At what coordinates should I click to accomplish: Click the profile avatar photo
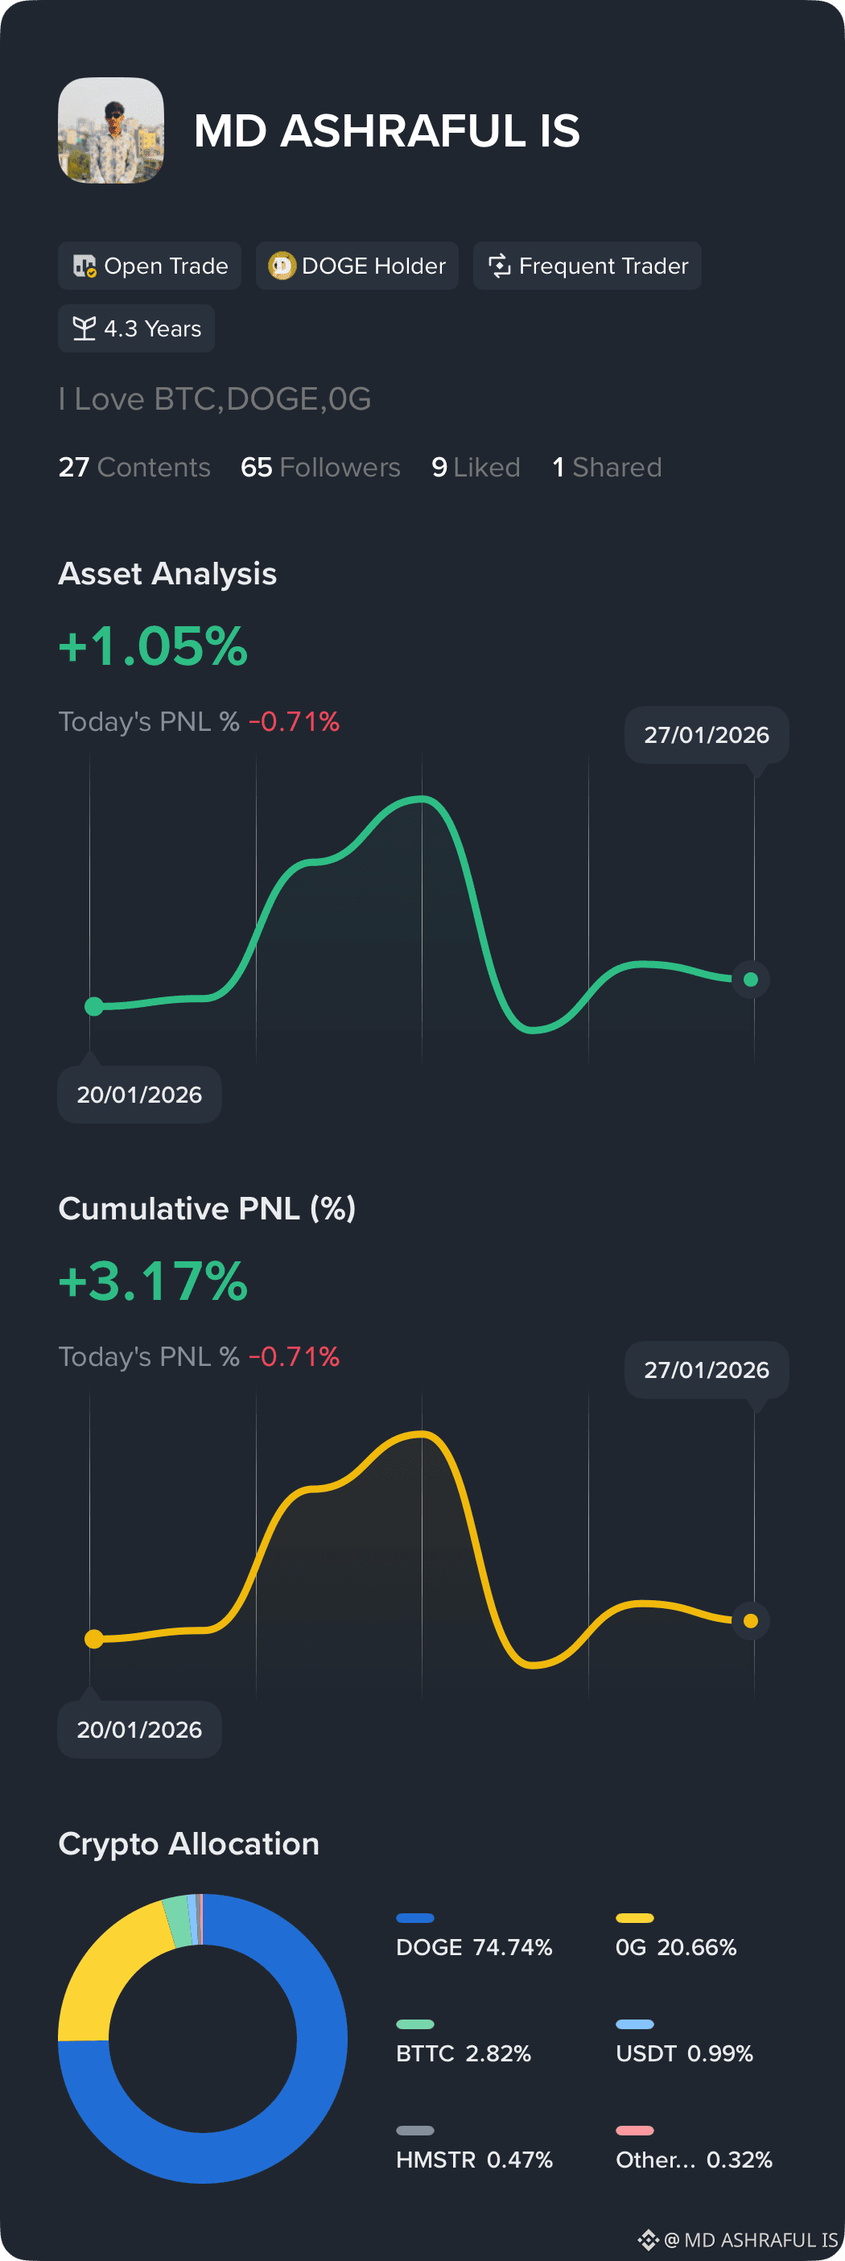(110, 130)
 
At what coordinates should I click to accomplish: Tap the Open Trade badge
(149, 265)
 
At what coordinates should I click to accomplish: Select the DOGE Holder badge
(357, 265)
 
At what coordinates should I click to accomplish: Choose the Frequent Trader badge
(587, 265)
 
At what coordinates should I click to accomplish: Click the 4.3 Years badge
(136, 328)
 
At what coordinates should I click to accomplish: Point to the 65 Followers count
(320, 467)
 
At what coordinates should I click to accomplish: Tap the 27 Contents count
(134, 467)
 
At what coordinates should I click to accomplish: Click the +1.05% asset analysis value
(154, 647)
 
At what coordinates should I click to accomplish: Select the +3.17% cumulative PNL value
(154, 1281)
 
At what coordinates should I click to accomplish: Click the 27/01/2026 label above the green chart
(707, 735)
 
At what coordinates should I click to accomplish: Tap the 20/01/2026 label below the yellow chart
(139, 1729)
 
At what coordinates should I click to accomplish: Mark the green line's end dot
(751, 980)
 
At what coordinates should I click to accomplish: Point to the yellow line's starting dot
(94, 1639)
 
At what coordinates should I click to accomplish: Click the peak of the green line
(421, 798)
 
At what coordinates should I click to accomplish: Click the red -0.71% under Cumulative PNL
(294, 1356)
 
